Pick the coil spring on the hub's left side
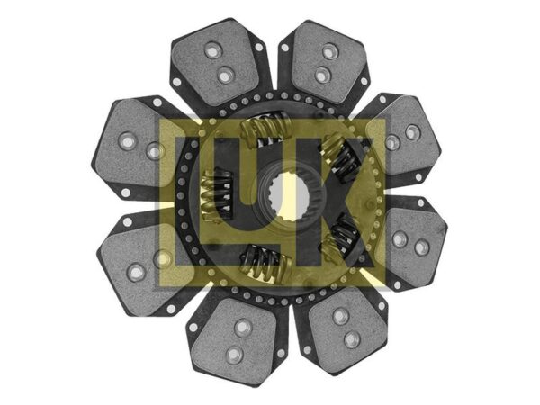(216, 195)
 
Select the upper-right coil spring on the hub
(340, 157)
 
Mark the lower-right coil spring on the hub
(340, 238)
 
